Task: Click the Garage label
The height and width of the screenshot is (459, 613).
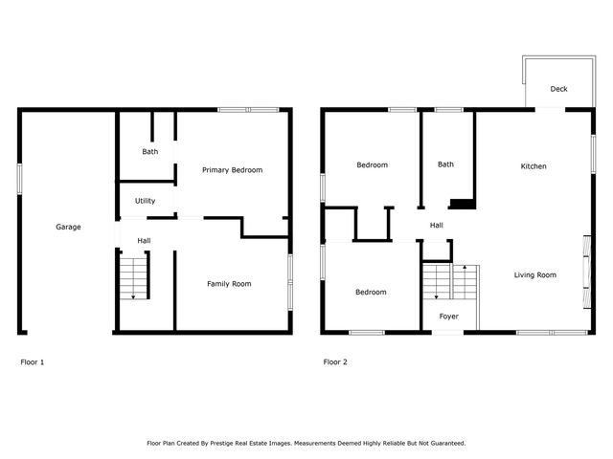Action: [x=68, y=227]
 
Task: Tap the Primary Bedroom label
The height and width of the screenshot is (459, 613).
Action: [x=232, y=170]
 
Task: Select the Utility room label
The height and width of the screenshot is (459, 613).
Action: [x=145, y=201]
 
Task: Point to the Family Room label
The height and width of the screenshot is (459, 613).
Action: [x=229, y=283]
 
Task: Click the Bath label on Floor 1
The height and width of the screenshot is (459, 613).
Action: [x=150, y=152]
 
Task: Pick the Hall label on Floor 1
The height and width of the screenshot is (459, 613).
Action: [x=144, y=240]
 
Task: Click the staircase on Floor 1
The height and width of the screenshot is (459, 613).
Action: [x=134, y=277]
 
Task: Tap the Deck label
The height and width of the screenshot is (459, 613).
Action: [x=558, y=89]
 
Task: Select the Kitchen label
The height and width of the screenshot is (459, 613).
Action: [x=534, y=166]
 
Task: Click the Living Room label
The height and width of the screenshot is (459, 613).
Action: [x=534, y=275]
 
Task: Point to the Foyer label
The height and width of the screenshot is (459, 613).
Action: [x=448, y=316]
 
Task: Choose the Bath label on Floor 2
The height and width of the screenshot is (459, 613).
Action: [x=445, y=164]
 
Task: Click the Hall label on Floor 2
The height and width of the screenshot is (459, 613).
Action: [x=436, y=226]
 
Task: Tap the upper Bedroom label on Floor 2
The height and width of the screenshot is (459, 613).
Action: [x=372, y=165]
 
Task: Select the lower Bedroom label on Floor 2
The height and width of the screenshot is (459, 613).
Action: [x=371, y=292]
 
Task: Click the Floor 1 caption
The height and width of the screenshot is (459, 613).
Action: [x=33, y=362]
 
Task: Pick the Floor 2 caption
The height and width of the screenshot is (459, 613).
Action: [x=335, y=362]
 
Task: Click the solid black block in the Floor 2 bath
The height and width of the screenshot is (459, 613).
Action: [x=463, y=203]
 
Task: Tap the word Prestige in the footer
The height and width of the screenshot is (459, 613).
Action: [x=256, y=443]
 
